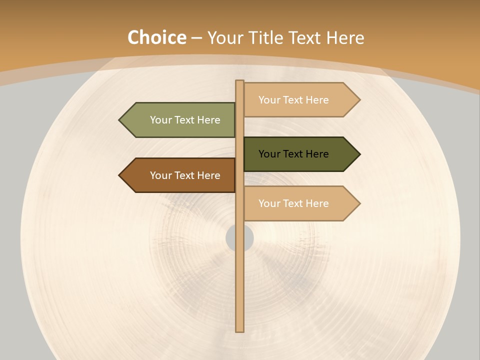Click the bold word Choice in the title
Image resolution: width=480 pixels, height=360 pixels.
coord(156,37)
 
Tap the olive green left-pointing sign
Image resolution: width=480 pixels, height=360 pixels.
coord(180,120)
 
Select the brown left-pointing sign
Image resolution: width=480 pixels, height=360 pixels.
coord(180,175)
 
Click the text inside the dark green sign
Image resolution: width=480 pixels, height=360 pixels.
coord(293,154)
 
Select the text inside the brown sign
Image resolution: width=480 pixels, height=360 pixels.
coord(185,175)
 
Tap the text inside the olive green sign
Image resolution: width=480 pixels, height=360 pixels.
coord(185,120)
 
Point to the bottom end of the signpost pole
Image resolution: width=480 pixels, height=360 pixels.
coord(240,330)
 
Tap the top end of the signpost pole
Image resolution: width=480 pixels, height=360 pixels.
coord(240,82)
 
